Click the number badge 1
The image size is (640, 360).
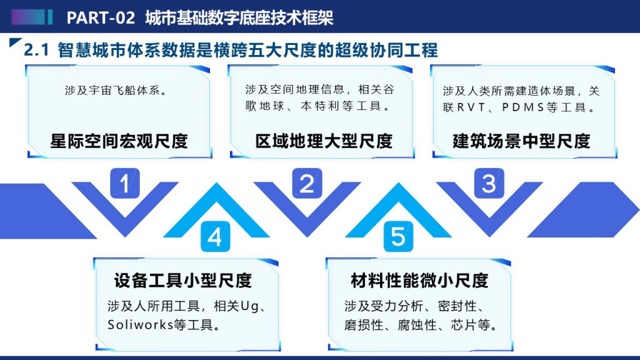125,183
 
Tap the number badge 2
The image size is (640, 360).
307,183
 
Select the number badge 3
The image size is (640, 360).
489,183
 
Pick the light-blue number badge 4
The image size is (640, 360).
215,236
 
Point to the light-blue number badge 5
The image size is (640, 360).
398,236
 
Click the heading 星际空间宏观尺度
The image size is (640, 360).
119,141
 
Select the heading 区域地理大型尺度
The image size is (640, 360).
324,141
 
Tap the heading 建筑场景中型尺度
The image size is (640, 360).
521,141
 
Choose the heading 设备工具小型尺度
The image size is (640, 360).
183,281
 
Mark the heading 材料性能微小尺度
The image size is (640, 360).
419,281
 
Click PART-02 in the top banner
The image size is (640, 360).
101,17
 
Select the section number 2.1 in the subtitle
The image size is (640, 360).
36,50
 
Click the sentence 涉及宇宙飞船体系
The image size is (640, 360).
116,90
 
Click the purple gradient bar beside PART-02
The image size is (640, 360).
27,17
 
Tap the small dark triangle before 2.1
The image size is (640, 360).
14,42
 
